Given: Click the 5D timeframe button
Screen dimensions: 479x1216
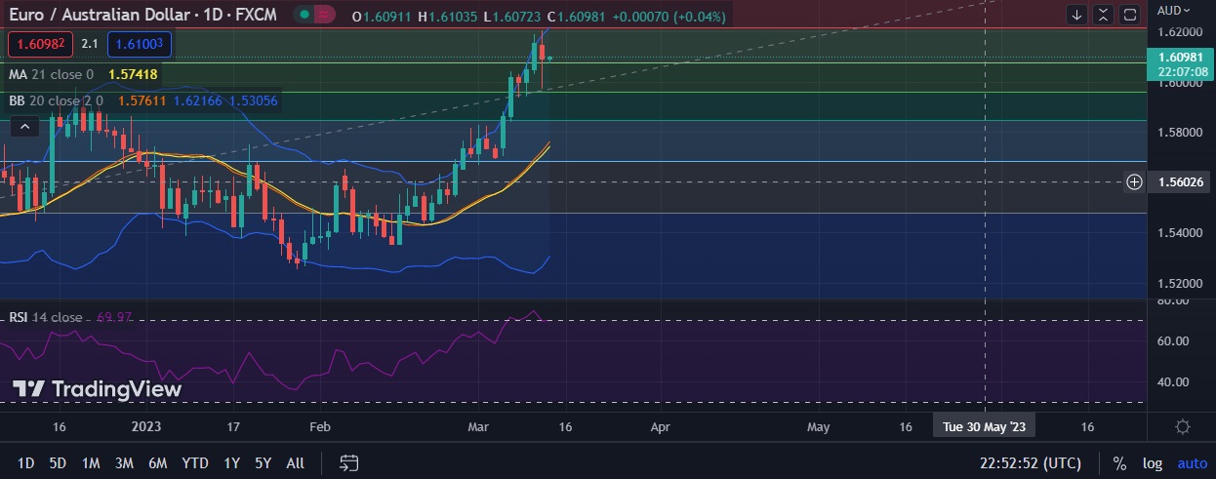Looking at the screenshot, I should (x=58, y=463).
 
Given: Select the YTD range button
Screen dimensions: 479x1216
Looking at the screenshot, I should (x=195, y=463).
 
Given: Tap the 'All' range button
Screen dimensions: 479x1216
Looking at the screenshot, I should (x=295, y=463).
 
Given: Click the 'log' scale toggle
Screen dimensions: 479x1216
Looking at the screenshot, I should (x=1153, y=463).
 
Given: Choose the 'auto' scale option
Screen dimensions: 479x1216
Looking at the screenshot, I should (x=1192, y=463).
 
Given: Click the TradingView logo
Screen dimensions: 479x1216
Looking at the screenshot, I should (x=97, y=389).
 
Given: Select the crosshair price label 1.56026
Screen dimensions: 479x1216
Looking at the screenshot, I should (x=1180, y=182).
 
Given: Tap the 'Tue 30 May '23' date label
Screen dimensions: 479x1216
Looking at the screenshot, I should (x=984, y=426).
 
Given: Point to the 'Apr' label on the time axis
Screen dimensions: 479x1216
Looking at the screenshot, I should (x=660, y=426).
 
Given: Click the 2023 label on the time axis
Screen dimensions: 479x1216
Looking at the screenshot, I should (x=145, y=426).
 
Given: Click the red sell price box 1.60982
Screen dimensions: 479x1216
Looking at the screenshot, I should (x=38, y=44).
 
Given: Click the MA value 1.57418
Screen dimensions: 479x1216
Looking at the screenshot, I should (x=133, y=74).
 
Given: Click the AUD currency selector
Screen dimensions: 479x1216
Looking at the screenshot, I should (x=1172, y=11).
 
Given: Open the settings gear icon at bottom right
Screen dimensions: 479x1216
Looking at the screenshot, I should (x=1183, y=426).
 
